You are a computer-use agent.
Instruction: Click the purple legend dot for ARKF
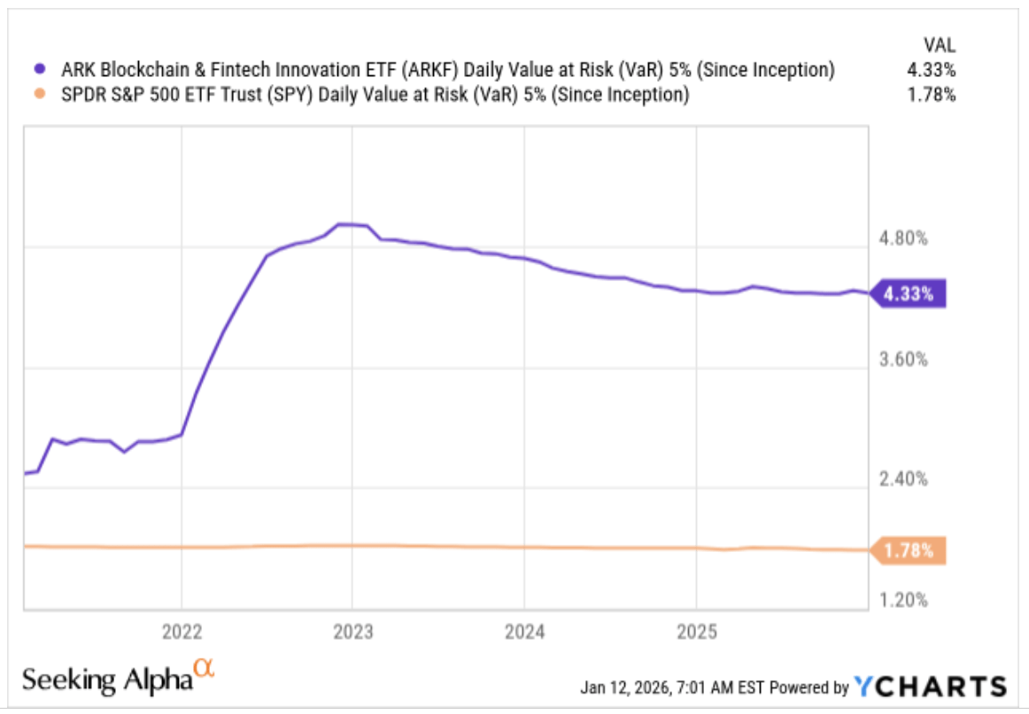coord(38,70)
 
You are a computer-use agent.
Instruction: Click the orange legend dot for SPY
coord(38,95)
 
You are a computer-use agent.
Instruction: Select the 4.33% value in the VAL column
coord(934,70)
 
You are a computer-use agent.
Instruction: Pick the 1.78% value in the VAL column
coord(934,95)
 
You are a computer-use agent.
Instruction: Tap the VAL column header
coord(940,44)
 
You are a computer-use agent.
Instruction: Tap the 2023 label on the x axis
coord(352,633)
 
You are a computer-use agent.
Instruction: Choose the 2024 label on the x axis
coord(523,633)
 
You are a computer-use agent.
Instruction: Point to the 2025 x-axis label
coord(695,633)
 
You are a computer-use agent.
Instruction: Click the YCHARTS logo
coord(930,687)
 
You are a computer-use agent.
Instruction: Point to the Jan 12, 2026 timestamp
coord(673,687)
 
